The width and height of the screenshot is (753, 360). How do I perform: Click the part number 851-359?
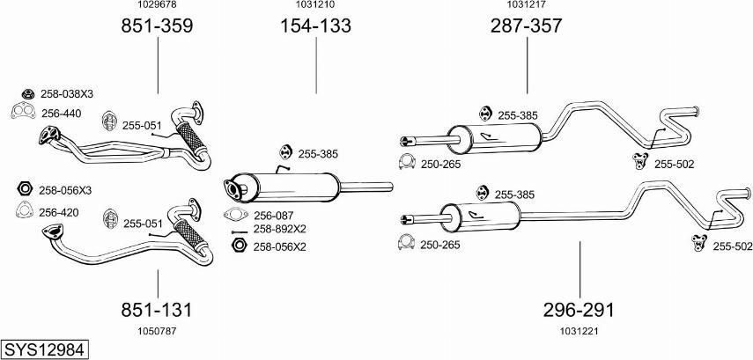coord(157,26)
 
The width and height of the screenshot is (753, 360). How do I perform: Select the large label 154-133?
coord(315,26)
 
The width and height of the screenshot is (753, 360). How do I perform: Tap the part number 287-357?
coord(526,26)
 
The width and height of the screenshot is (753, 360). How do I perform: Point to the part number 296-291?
coord(579,310)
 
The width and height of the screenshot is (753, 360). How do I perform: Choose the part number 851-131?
coord(157,310)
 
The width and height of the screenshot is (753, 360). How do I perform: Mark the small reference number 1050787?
coord(157,331)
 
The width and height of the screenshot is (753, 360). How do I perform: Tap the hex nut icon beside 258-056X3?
coord(25,188)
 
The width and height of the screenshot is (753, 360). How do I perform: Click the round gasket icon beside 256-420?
coord(25,210)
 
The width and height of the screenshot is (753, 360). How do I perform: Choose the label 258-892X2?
coord(279,229)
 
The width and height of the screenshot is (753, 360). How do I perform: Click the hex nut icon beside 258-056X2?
coord(236,246)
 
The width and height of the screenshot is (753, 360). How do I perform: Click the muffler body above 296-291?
coord(481,216)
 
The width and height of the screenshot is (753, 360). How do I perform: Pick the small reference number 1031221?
coord(578,331)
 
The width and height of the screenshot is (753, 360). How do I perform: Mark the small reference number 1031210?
coord(315,5)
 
